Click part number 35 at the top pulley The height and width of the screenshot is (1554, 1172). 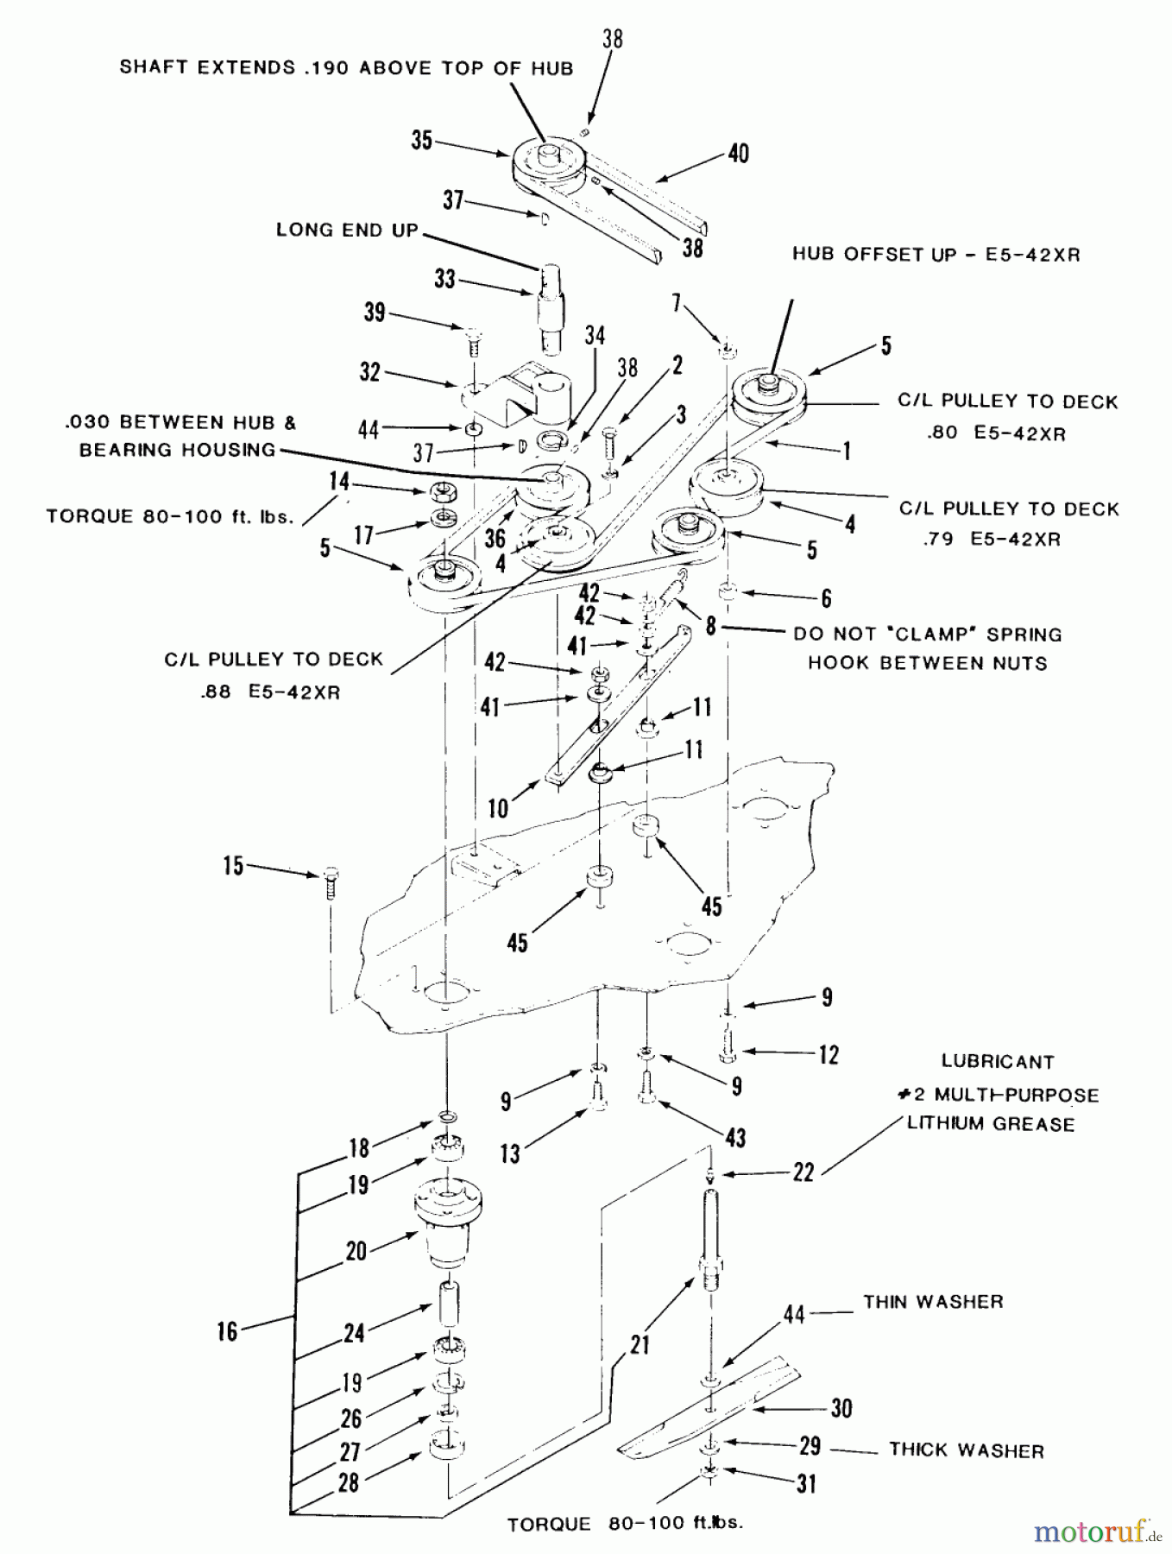tap(421, 141)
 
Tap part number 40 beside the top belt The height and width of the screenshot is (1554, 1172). tap(738, 154)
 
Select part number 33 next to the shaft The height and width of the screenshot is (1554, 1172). tap(444, 280)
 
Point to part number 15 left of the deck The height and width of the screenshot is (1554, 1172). tap(233, 866)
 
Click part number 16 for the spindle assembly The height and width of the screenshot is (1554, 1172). tap(227, 1330)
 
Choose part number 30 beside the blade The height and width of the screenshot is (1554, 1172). tap(841, 1408)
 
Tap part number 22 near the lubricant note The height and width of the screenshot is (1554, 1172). tap(803, 1172)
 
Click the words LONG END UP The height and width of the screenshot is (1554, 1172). tap(347, 231)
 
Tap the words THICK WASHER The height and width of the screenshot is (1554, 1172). tap(967, 1450)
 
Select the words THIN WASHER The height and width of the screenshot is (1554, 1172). tap(933, 1302)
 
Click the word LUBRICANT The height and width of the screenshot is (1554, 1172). tap(997, 1062)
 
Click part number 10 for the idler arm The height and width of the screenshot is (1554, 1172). tap(498, 808)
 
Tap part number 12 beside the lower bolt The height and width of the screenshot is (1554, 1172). tap(828, 1054)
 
